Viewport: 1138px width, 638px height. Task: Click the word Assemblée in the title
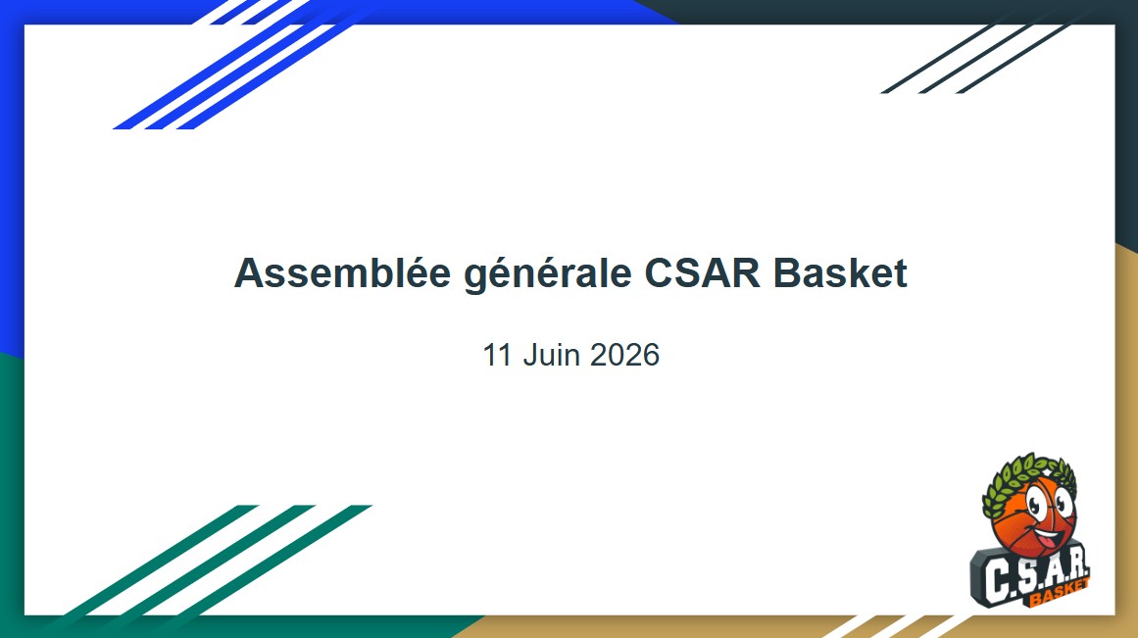[342, 272]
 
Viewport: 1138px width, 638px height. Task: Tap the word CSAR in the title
[702, 272]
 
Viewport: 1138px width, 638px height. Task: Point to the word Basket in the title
[840, 272]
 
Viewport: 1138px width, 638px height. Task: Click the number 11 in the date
[498, 355]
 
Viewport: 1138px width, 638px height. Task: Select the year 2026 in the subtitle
[624, 355]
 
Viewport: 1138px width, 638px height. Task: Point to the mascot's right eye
[1064, 502]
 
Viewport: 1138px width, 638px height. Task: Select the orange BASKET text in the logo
[1059, 593]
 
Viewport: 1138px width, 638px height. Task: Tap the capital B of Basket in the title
[786, 272]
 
